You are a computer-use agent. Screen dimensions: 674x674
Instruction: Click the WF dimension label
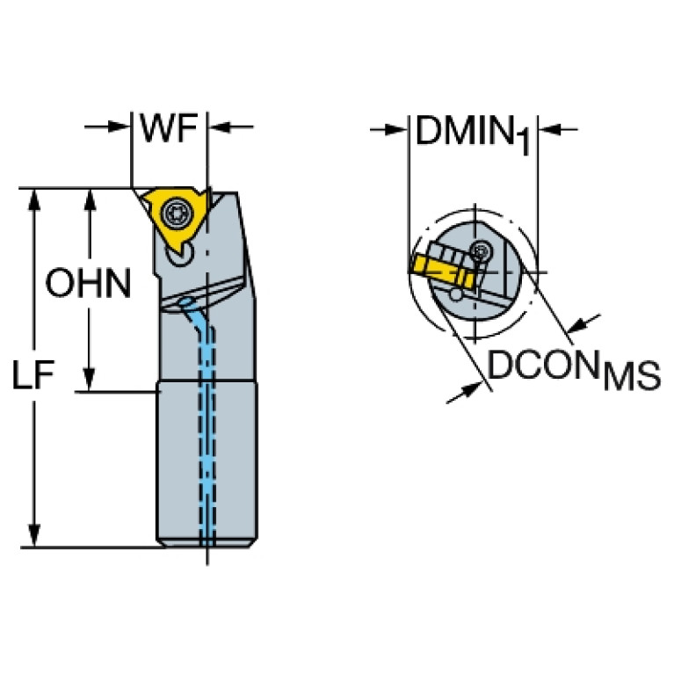[x=169, y=128]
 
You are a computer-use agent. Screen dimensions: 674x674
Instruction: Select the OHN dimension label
[x=88, y=283]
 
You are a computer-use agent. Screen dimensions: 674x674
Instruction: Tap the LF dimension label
[x=33, y=375]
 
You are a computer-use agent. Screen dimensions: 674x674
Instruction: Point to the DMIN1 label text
[x=474, y=134]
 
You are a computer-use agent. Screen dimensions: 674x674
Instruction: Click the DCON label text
[x=543, y=365]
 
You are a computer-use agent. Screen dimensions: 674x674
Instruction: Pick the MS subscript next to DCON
[x=632, y=376]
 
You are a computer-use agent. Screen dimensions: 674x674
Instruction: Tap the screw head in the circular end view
[x=481, y=250]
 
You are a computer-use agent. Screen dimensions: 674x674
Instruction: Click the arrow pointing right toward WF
[x=107, y=127]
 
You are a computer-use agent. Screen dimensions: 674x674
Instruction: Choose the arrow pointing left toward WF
[x=231, y=127]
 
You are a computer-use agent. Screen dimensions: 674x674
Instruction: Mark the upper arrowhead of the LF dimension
[x=34, y=199]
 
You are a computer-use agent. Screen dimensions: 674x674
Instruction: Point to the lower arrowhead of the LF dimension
[x=34, y=535]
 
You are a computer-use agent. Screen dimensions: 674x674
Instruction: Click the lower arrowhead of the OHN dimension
[x=89, y=380]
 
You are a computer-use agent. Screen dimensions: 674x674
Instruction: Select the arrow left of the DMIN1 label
[x=388, y=129]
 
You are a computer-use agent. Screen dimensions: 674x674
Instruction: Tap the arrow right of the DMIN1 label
[x=557, y=129]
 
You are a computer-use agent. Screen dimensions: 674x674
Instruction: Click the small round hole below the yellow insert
[x=178, y=255]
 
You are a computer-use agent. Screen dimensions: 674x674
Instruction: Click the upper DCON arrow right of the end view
[x=583, y=323]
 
